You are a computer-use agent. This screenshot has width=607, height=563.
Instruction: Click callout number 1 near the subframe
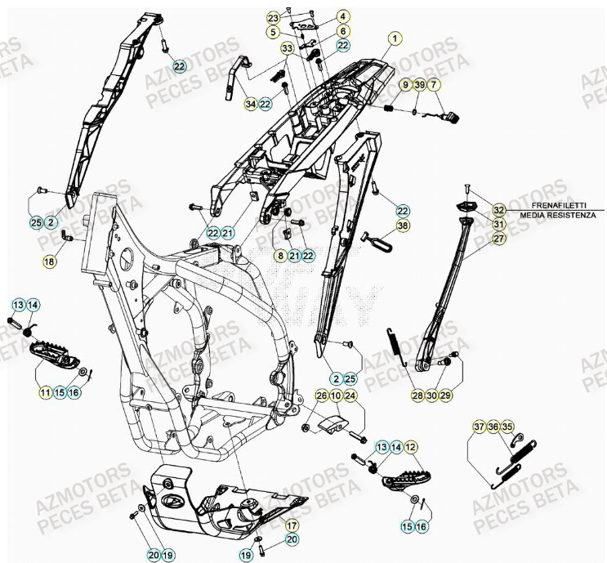tap(395, 38)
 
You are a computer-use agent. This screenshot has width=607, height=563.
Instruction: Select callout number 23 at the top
tap(273, 17)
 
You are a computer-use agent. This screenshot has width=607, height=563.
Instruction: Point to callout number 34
tap(250, 104)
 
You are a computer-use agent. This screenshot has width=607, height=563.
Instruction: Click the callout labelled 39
tap(419, 85)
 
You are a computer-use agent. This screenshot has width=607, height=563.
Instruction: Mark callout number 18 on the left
tap(50, 261)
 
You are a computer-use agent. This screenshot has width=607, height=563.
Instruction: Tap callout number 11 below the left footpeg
tap(42, 392)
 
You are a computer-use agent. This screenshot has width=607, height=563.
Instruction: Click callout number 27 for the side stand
tap(498, 239)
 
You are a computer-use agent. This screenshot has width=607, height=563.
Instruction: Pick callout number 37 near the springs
tap(479, 427)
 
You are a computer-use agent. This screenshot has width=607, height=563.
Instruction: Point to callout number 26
tap(321, 396)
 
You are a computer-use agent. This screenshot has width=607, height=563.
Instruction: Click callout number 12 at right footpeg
tap(410, 447)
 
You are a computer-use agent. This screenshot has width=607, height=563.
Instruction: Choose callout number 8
tap(280, 257)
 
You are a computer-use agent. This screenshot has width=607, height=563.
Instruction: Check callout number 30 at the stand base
tap(431, 395)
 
